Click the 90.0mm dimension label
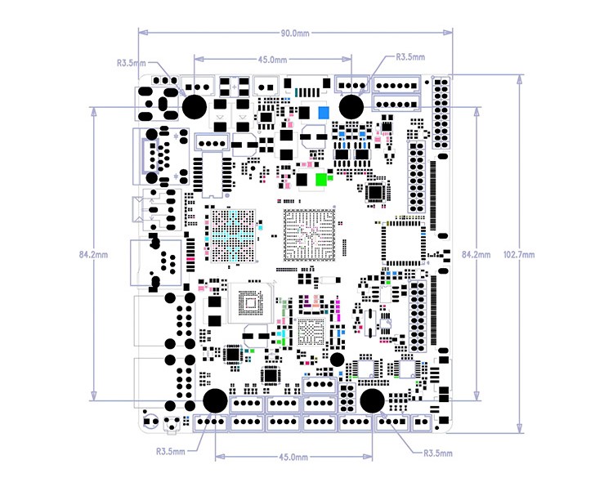pyautogui.click(x=295, y=34)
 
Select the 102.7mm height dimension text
pyautogui.click(x=520, y=254)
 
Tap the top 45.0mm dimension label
pyautogui.click(x=272, y=60)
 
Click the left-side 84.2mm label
pyautogui.click(x=94, y=254)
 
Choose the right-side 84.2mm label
pyautogui.click(x=476, y=254)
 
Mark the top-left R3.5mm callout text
pyautogui.click(x=132, y=62)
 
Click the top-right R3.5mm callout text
pyautogui.click(x=410, y=57)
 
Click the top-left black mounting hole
pyautogui.click(x=195, y=106)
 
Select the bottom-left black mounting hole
pyautogui.click(x=215, y=400)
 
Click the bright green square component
pyautogui.click(x=321, y=179)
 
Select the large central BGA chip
pyautogui.click(x=310, y=237)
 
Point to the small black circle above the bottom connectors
pyautogui.click(x=337, y=360)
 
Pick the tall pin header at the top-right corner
pyautogui.click(x=441, y=112)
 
